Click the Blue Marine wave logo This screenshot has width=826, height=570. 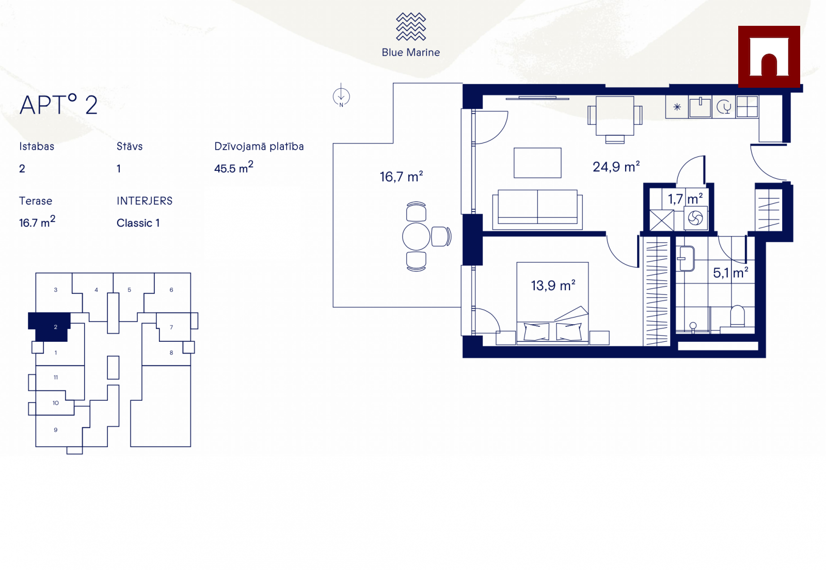click(x=411, y=26)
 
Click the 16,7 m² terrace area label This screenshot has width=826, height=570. click(x=401, y=177)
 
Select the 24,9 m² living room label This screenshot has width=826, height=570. click(x=616, y=167)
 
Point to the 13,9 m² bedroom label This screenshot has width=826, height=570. click(x=553, y=285)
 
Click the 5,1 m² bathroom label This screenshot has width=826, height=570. click(x=730, y=273)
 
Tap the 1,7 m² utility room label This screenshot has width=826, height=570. click(x=685, y=199)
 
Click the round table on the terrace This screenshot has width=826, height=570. click(x=416, y=236)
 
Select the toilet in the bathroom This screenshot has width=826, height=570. click(x=737, y=316)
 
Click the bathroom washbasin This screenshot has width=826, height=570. click(x=686, y=259)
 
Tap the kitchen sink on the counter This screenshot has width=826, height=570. click(x=700, y=107)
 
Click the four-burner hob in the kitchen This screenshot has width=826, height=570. click(x=746, y=107)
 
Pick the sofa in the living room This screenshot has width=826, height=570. click(x=537, y=210)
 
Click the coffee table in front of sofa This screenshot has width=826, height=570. click(x=537, y=163)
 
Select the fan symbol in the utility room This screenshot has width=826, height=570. click(x=695, y=218)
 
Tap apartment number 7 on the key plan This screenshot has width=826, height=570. click(x=171, y=327)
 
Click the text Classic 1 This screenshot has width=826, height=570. click(x=138, y=223)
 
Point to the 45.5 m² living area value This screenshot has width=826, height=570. click(x=233, y=167)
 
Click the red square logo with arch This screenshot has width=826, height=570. click(x=769, y=56)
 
